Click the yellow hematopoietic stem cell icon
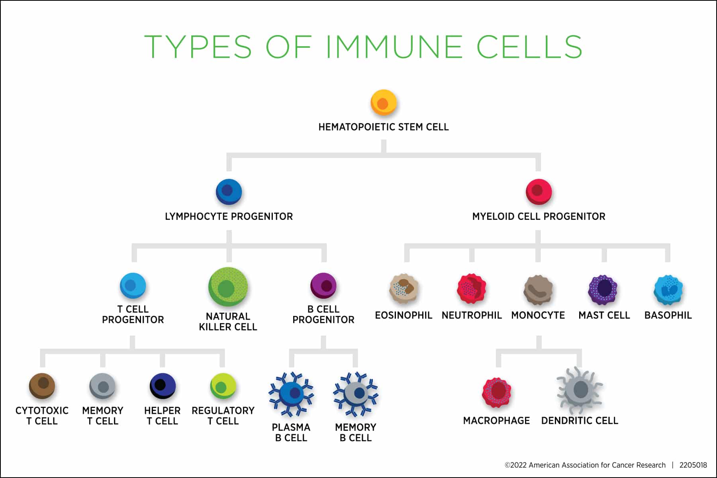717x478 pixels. coord(384,102)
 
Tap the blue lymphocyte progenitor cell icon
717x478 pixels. coord(229,192)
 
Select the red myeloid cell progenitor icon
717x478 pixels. coord(539,192)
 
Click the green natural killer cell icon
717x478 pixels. coord(228,287)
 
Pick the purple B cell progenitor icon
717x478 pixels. coord(323,286)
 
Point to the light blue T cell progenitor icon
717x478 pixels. coord(133,286)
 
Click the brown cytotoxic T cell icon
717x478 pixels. coord(42,386)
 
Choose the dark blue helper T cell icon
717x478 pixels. coord(163,386)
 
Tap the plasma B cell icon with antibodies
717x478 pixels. coord(292,393)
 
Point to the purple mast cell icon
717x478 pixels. coord(603,290)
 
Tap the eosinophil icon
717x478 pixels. coord(404,289)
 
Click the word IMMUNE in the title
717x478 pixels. coord(394,47)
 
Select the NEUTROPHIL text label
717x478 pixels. coord(472,315)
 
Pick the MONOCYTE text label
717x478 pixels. coord(538,315)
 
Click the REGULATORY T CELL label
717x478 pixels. coord(223,415)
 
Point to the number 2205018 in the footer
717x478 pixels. coord(693,465)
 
